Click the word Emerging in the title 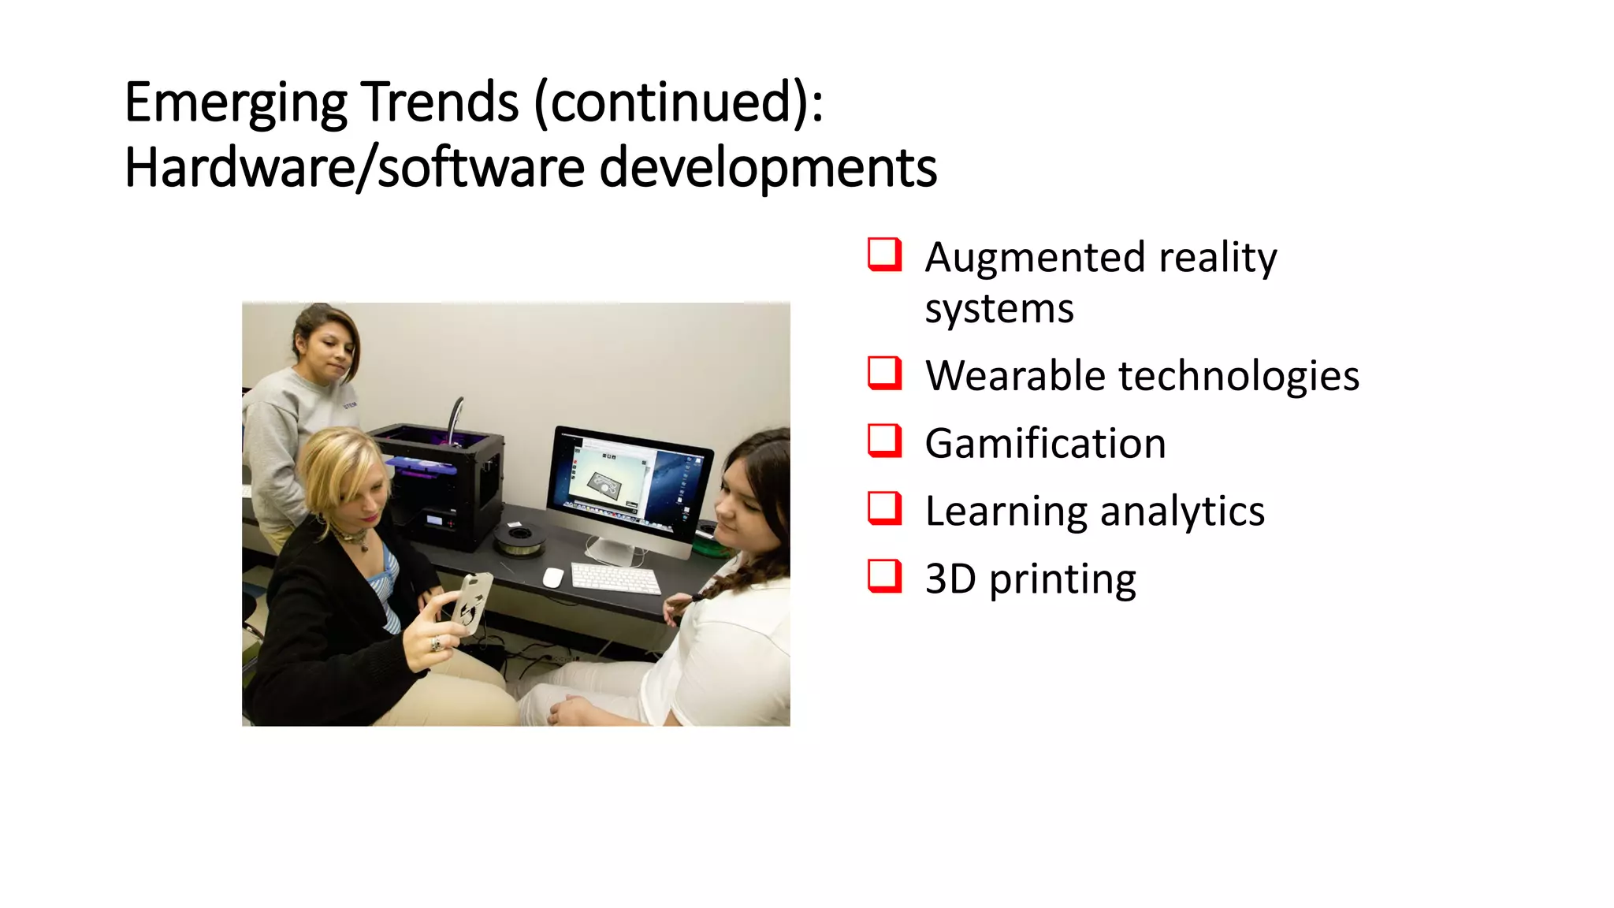tap(235, 103)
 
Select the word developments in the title tap(768, 168)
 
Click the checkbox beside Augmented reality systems tap(884, 255)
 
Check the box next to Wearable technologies tap(884, 373)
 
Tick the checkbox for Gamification tap(884, 441)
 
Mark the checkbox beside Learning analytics tap(884, 508)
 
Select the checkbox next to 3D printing tap(884, 576)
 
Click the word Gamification tap(1045, 444)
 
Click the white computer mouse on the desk tap(552, 578)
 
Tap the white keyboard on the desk tap(615, 579)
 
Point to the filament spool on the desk tap(519, 539)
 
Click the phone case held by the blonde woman tap(471, 603)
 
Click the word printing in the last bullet tap(1062, 581)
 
